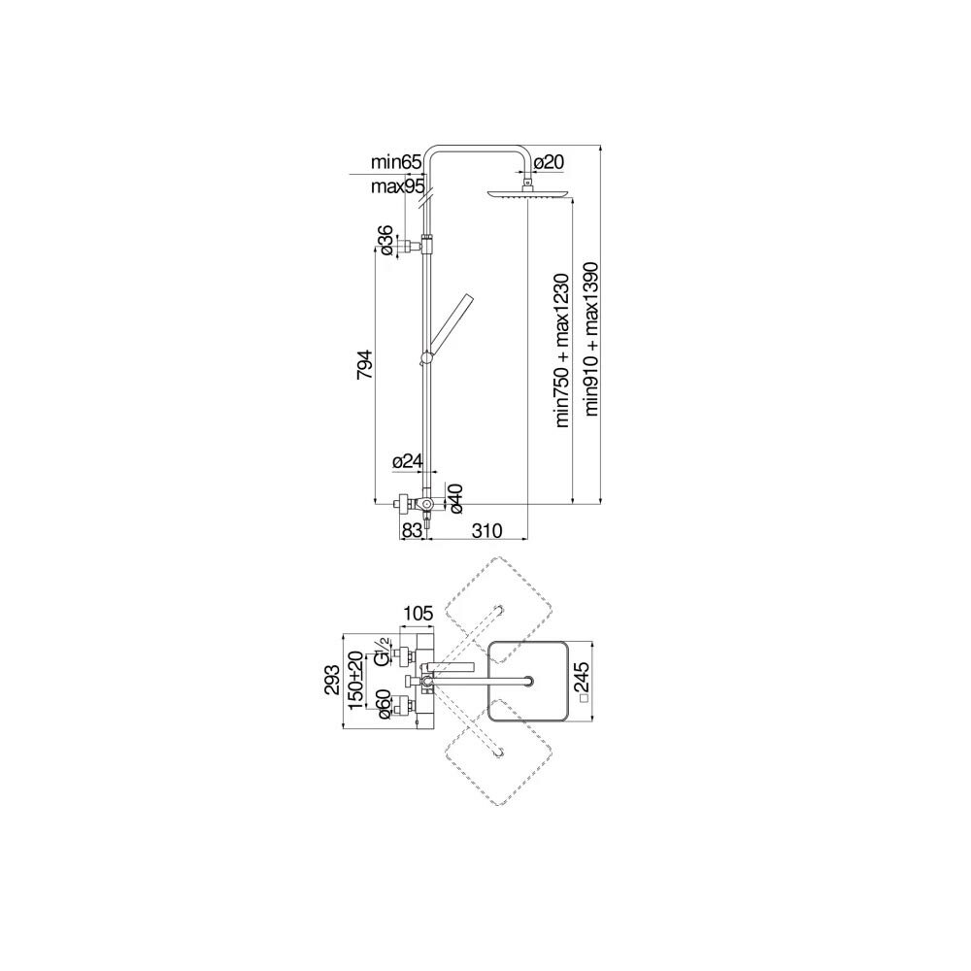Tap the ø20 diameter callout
click(549, 161)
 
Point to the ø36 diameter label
click(385, 239)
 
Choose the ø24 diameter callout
click(407, 462)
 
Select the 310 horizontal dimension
click(485, 530)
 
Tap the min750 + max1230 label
click(560, 350)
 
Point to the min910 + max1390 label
click(590, 338)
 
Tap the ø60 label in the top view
click(385, 704)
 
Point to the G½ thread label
click(384, 653)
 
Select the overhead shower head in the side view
click(528, 194)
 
